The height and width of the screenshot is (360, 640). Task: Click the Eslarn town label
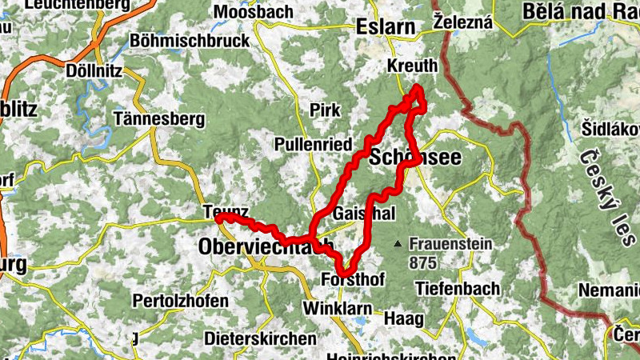[387, 26]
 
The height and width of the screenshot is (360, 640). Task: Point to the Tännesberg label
[159, 119]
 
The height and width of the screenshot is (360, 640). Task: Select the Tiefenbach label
[458, 288]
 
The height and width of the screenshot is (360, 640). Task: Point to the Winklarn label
[333, 308]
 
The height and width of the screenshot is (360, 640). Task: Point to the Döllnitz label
[94, 70]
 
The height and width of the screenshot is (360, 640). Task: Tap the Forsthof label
[353, 280]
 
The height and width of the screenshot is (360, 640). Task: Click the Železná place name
[462, 23]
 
